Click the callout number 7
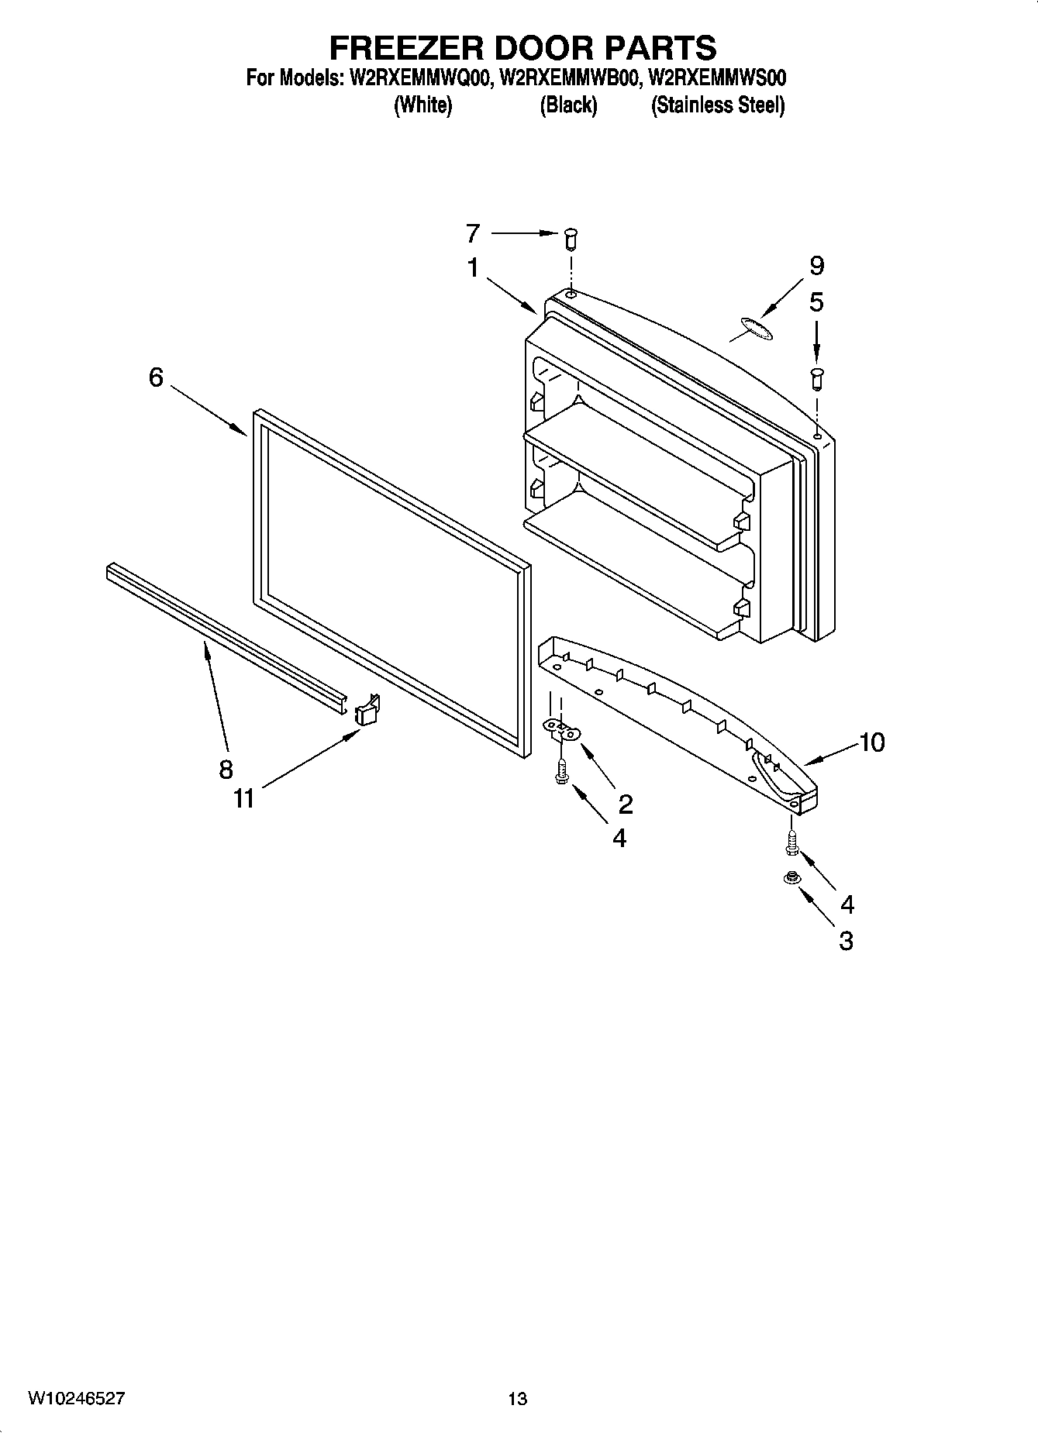(x=473, y=233)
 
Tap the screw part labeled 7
(x=571, y=237)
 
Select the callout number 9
(x=816, y=266)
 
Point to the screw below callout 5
(x=816, y=378)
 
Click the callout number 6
(x=156, y=377)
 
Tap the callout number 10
(x=871, y=742)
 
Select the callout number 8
(x=226, y=769)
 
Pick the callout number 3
(x=846, y=941)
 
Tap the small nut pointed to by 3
(x=791, y=879)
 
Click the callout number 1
(x=473, y=268)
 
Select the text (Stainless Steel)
(x=718, y=105)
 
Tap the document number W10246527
(x=77, y=1398)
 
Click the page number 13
(x=518, y=1399)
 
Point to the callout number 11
(x=244, y=798)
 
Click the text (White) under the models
(x=422, y=105)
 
